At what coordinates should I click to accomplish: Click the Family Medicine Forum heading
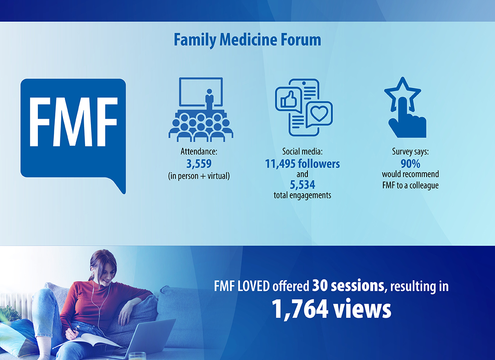tap(247, 40)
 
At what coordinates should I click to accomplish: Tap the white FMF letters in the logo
tap(73, 122)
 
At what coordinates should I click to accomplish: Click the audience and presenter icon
tap(201, 109)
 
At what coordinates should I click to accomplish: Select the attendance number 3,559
tap(199, 164)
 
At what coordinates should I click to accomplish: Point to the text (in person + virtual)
tap(199, 176)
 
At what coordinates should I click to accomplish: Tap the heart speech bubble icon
tap(319, 114)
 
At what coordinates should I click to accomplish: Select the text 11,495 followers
tap(302, 164)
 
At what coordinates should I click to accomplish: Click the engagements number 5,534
tap(302, 184)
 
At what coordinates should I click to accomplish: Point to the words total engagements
tap(302, 195)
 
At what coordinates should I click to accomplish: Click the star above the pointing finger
tap(402, 94)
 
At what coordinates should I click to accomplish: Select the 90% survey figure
tap(410, 164)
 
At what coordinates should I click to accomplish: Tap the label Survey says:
tap(410, 152)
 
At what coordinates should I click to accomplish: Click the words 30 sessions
tap(348, 285)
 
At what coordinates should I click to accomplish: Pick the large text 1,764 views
tap(332, 309)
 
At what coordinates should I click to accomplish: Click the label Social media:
tap(302, 152)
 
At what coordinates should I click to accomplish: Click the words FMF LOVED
tap(242, 286)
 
